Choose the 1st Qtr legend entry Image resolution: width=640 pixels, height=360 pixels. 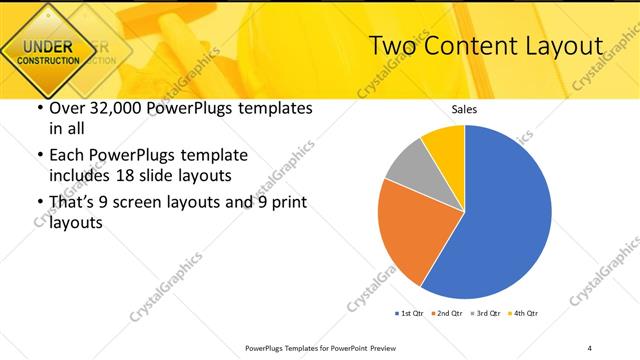pyautogui.click(x=409, y=314)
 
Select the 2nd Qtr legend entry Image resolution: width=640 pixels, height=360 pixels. pyautogui.click(x=447, y=314)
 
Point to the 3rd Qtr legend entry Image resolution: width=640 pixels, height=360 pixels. pyautogui.click(x=485, y=314)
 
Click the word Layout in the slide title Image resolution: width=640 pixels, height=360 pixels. pyautogui.click(x=559, y=46)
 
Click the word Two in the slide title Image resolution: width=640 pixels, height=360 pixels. pyautogui.click(x=393, y=46)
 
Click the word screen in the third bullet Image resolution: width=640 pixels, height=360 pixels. pyautogui.click(x=153, y=203)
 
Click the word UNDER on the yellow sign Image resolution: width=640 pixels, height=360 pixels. pyautogui.click(x=48, y=46)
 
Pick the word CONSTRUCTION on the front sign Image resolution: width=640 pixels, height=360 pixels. pyautogui.click(x=48, y=61)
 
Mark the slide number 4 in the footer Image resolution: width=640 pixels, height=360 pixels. pyautogui.click(x=589, y=347)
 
